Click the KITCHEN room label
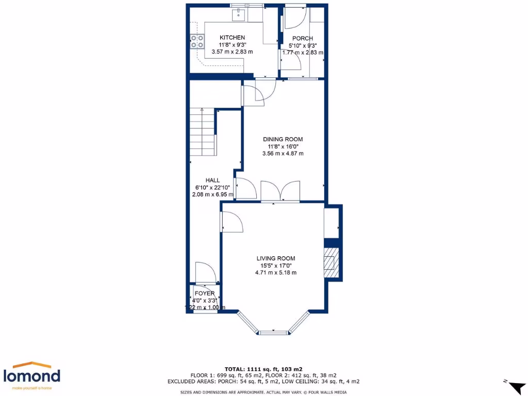click(x=233, y=38)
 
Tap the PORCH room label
click(x=302, y=39)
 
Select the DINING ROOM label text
click(x=283, y=139)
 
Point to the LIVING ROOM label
click(x=276, y=258)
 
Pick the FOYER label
click(x=204, y=293)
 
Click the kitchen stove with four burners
click(x=196, y=41)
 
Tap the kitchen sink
click(x=238, y=15)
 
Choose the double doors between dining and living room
click(x=280, y=191)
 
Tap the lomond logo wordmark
click(x=32, y=376)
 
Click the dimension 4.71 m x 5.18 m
click(x=276, y=273)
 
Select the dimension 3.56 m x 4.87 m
click(x=283, y=154)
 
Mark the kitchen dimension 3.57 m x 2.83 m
click(x=233, y=52)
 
